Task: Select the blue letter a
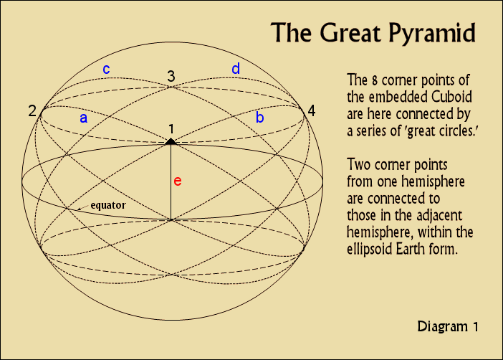[84, 118]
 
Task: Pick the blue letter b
[260, 117]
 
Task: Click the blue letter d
[235, 69]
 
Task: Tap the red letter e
[178, 181]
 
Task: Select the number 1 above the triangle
[171, 128]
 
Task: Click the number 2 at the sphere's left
[32, 111]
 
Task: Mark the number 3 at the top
[171, 76]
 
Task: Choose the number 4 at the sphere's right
[310, 110]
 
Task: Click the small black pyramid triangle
[171, 141]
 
